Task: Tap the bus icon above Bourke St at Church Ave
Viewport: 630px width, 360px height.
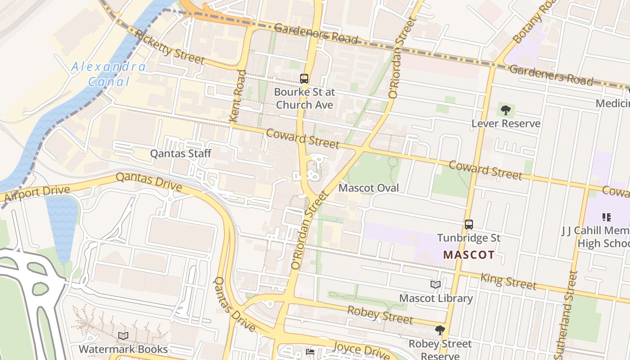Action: click(304, 79)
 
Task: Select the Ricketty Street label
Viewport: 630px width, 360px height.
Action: click(169, 47)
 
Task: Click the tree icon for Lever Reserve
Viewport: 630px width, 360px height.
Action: click(505, 110)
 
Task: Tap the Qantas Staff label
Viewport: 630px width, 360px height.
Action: click(180, 153)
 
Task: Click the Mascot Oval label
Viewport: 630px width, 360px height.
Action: click(369, 188)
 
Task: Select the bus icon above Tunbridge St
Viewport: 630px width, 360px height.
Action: click(469, 224)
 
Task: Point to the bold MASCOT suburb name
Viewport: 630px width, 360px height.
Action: click(468, 255)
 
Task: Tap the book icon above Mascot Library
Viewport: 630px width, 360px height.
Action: click(436, 285)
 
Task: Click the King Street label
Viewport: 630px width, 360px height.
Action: click(508, 281)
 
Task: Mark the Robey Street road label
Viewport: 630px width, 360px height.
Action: click(380, 315)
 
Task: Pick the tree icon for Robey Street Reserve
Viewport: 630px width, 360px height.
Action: click(440, 330)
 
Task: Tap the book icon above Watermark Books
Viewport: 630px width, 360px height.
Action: click(123, 336)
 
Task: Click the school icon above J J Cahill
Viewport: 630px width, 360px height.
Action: click(606, 217)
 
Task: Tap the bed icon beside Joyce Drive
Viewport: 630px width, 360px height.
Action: click(310, 351)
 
